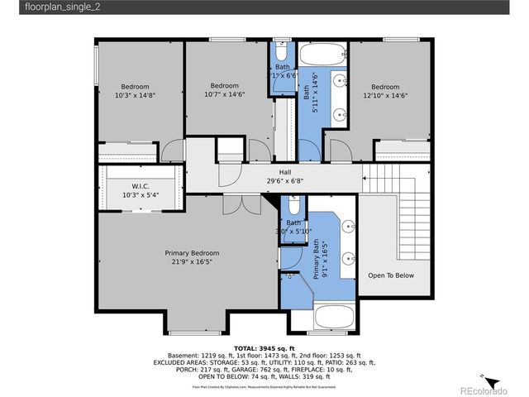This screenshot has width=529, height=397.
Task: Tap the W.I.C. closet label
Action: pyautogui.click(x=139, y=186)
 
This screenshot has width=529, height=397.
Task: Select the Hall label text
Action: pyautogui.click(x=273, y=172)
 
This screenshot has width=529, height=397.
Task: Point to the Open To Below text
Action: pyautogui.click(x=391, y=275)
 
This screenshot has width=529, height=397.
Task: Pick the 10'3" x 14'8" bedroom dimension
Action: pyautogui.click(x=136, y=96)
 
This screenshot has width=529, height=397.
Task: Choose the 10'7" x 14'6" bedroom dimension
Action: pyautogui.click(x=224, y=94)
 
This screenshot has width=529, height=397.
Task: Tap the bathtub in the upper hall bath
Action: pyautogui.click(x=322, y=55)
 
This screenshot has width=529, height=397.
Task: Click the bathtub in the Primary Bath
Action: pyautogui.click(x=334, y=317)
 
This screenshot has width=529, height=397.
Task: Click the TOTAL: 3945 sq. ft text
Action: pyautogui.click(x=264, y=348)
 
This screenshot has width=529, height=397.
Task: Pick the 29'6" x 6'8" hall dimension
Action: pyautogui.click(x=273, y=181)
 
